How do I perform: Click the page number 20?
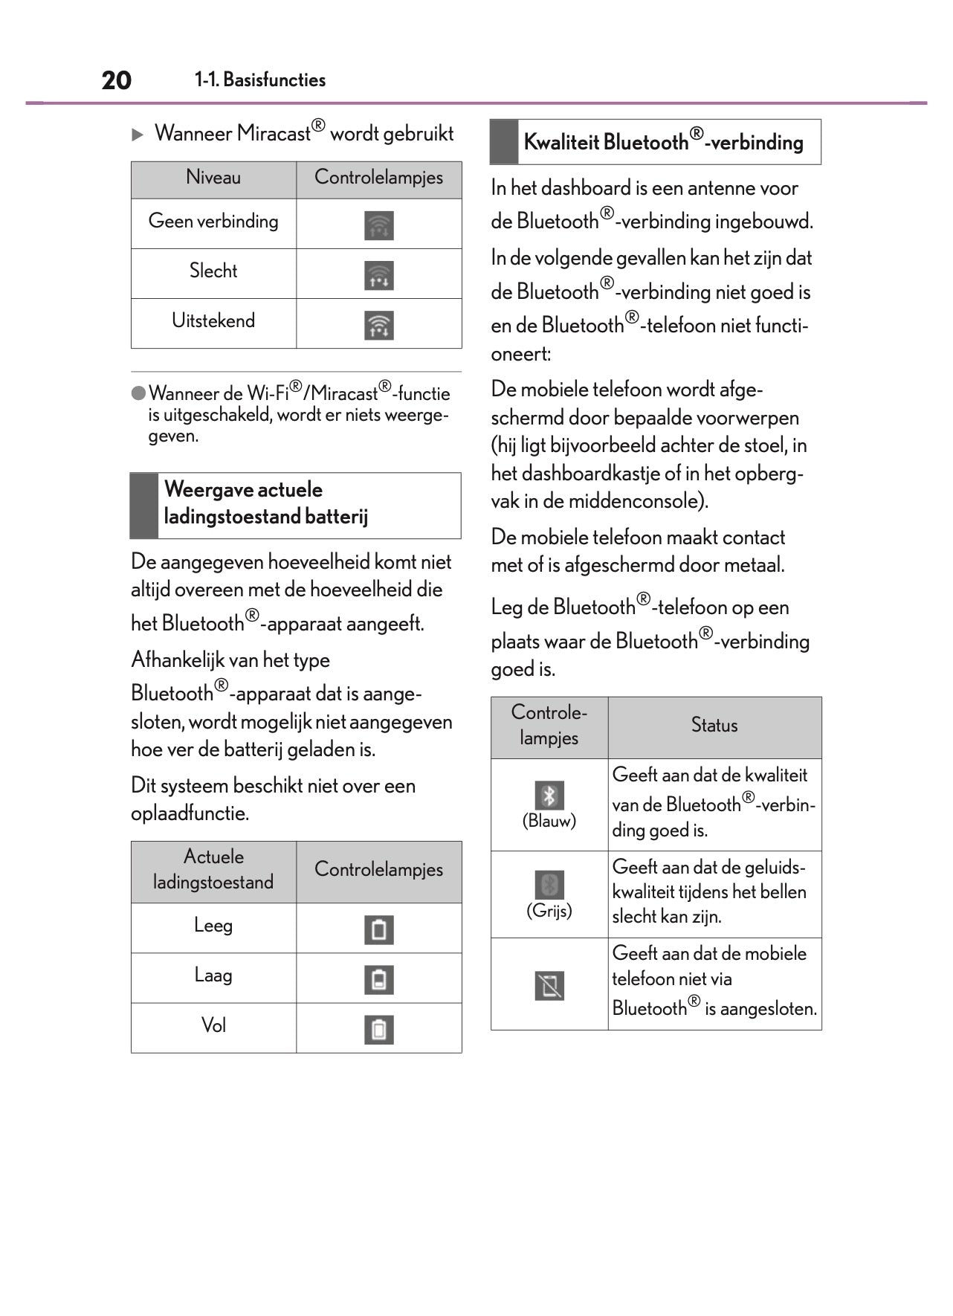click(x=117, y=80)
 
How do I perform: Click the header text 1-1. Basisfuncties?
click(x=260, y=80)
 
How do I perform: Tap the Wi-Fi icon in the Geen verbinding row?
click(x=379, y=225)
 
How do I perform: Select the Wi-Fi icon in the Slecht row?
click(x=379, y=275)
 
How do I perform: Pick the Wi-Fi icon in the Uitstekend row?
click(x=379, y=325)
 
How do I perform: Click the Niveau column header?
click(x=213, y=178)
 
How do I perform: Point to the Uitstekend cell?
click(x=213, y=321)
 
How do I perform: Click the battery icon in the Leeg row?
click(x=379, y=929)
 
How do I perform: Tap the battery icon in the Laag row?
click(x=379, y=979)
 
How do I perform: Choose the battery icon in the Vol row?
click(x=379, y=1029)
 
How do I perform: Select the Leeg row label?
click(x=213, y=926)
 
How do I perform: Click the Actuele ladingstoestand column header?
click(x=213, y=870)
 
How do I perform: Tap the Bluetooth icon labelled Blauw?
click(x=549, y=795)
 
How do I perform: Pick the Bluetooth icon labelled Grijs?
click(x=549, y=885)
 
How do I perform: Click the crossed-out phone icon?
click(x=549, y=985)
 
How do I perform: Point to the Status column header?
click(x=714, y=726)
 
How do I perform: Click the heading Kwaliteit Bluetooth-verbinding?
click(x=663, y=142)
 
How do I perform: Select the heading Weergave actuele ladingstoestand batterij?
click(x=265, y=503)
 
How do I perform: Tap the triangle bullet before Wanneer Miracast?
click(x=138, y=135)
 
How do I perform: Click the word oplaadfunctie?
click(x=190, y=813)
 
